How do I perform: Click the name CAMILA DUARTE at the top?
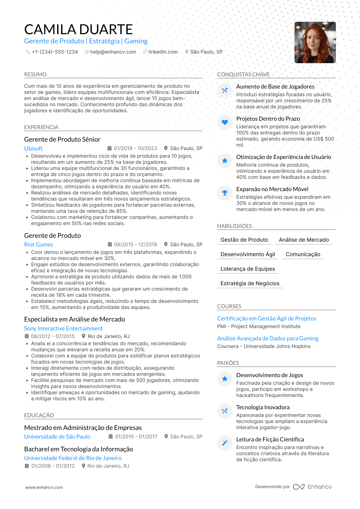click(x=78, y=29)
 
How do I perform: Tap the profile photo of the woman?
click(x=315, y=42)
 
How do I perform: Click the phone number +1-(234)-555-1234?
click(x=55, y=52)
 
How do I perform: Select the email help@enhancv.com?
click(x=113, y=52)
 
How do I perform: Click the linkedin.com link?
click(x=163, y=52)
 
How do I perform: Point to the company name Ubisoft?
click(x=33, y=148)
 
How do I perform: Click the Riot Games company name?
click(x=39, y=244)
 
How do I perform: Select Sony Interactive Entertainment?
click(x=63, y=328)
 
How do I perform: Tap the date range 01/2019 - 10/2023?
click(x=135, y=148)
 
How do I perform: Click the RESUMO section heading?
click(x=35, y=75)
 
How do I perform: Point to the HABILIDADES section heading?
click(x=234, y=226)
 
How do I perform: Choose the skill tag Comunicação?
click(x=303, y=254)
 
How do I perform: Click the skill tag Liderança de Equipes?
click(x=248, y=269)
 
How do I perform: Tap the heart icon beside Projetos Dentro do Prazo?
click(x=225, y=122)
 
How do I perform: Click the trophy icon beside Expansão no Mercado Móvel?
click(x=225, y=193)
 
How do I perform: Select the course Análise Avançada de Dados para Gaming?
click(x=268, y=338)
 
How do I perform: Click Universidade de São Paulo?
click(x=57, y=437)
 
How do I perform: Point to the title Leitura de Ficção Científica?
click(x=270, y=439)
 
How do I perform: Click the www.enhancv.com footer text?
click(x=44, y=487)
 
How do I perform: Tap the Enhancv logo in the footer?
click(x=312, y=487)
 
